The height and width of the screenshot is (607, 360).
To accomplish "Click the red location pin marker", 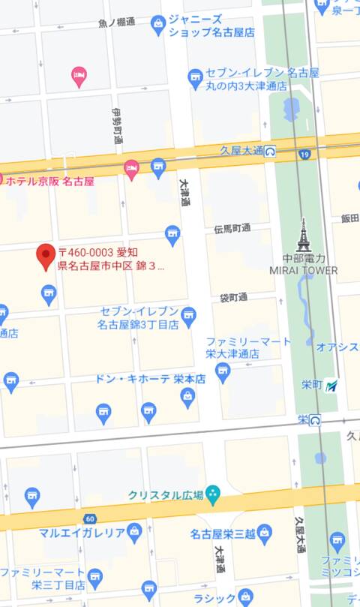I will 46,257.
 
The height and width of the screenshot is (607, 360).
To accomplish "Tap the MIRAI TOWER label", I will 304,270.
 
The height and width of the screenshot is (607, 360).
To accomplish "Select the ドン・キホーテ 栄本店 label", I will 150,380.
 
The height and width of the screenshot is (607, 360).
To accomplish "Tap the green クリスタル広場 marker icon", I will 213,494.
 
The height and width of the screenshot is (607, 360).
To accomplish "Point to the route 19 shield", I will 304,155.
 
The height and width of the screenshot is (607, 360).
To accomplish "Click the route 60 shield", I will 90,519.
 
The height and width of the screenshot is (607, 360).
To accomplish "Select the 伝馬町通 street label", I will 232,228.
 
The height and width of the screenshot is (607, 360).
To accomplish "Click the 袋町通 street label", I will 233,298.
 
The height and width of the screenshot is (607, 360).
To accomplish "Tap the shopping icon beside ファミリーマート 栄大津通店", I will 223,370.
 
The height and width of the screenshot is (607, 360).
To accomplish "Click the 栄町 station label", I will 311,385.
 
